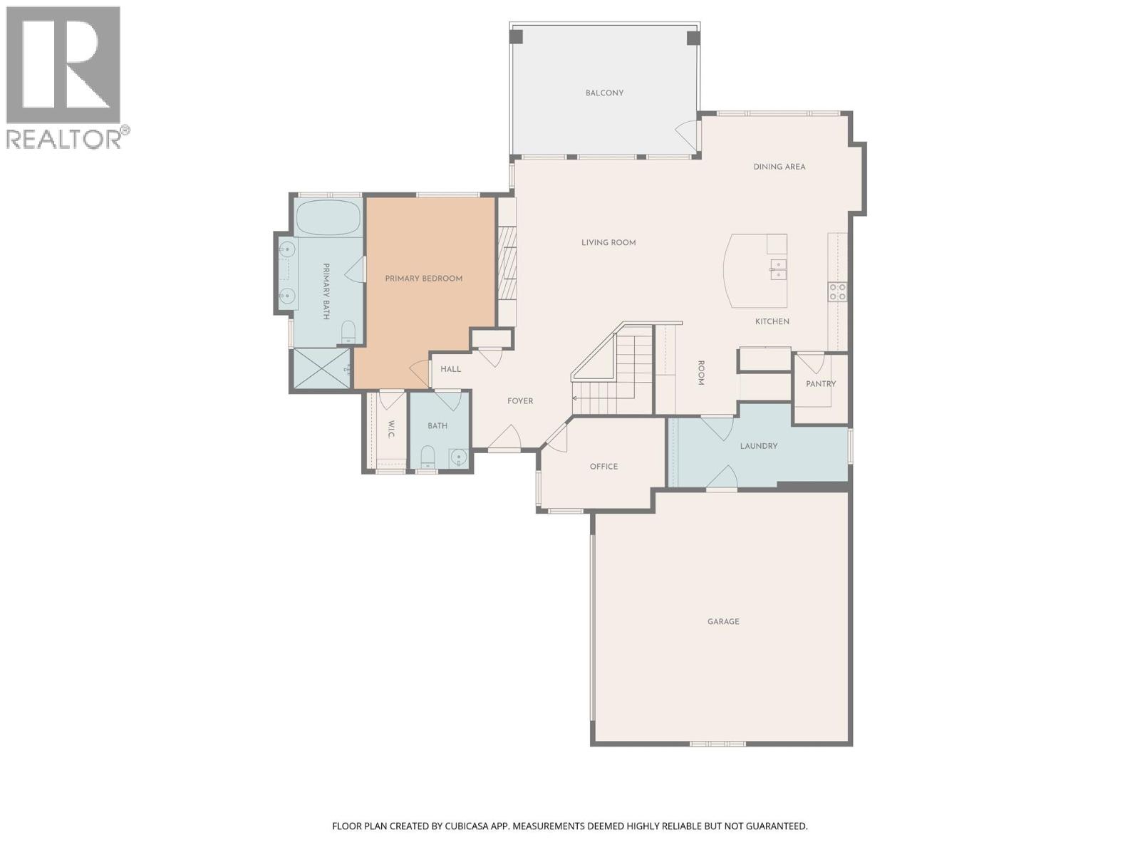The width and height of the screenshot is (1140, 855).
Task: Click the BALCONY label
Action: [x=604, y=93]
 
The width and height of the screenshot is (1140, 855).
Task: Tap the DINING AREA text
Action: [x=779, y=167]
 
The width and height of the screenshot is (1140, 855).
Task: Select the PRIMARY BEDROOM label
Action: [x=424, y=279]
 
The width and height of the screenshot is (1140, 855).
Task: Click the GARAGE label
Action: [x=723, y=622]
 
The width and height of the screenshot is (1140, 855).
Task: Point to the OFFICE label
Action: [x=603, y=467]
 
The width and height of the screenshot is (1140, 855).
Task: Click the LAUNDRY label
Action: [x=758, y=446]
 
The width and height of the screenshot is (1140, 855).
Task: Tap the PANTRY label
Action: [x=821, y=384]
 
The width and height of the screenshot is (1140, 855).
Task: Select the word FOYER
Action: [x=520, y=401]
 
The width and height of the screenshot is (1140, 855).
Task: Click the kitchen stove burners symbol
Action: [x=837, y=291]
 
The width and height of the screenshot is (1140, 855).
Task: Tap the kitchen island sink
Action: [x=777, y=269]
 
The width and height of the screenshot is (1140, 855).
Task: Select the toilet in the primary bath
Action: [x=348, y=331]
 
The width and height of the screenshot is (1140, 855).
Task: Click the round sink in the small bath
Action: [x=460, y=457]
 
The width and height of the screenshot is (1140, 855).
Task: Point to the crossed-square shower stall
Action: [x=322, y=368]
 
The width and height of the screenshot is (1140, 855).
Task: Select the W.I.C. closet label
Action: [x=391, y=429]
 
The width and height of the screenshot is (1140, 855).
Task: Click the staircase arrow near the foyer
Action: [x=576, y=398]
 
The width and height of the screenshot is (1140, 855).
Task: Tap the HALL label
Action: [x=450, y=369]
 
